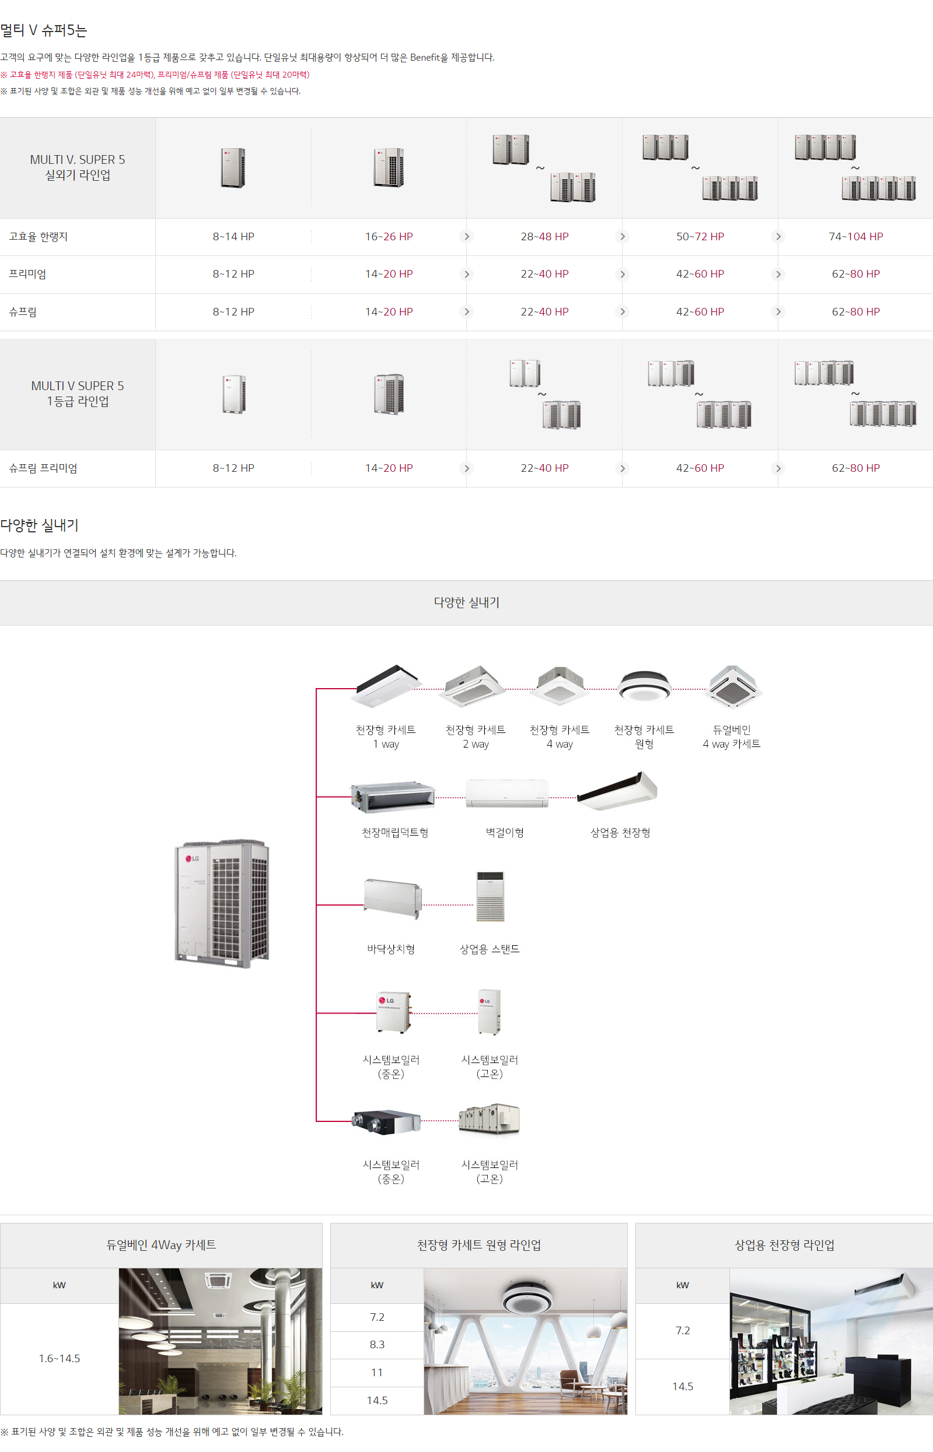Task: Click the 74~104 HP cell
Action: click(855, 237)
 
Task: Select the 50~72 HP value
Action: click(700, 237)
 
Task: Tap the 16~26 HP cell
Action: click(389, 237)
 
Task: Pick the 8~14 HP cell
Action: click(233, 237)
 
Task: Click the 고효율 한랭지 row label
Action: click(38, 237)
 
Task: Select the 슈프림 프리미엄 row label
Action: click(43, 468)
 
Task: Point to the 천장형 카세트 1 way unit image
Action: click(385, 685)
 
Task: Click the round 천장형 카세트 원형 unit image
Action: click(644, 685)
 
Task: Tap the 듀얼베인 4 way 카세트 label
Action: click(731, 737)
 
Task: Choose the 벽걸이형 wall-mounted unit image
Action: click(506, 793)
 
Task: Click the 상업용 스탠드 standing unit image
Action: click(490, 896)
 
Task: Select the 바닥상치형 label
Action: click(391, 949)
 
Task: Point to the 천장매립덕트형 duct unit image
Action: click(393, 795)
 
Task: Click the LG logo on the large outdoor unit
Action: click(192, 858)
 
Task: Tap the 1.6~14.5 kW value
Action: click(60, 1358)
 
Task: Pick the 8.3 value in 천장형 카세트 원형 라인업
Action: click(377, 1344)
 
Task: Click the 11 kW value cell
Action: click(377, 1372)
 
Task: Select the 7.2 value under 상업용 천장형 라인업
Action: click(682, 1330)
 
